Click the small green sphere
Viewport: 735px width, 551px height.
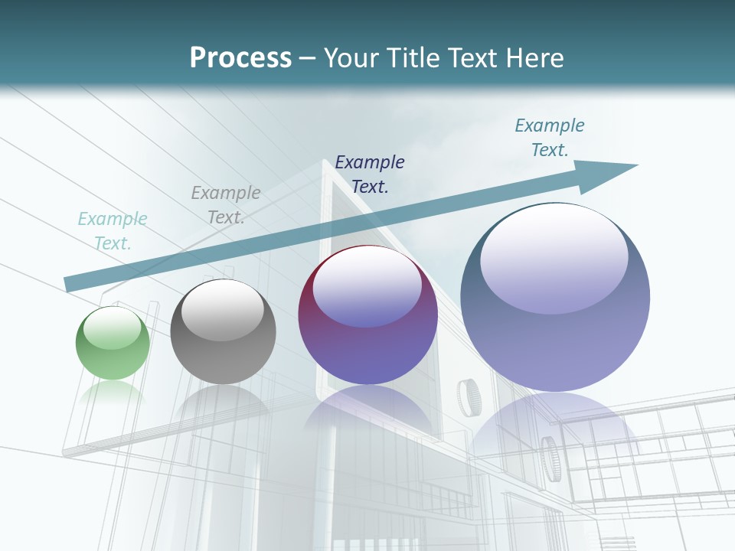click(113, 344)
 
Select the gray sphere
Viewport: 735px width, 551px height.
click(223, 332)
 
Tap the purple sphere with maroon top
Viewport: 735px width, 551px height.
click(367, 315)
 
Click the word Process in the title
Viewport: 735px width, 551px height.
click(240, 57)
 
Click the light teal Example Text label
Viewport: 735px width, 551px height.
click(113, 231)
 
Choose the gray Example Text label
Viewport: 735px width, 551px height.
click(226, 205)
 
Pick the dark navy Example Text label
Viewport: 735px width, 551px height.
click(370, 174)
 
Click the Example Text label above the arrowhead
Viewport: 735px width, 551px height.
click(550, 138)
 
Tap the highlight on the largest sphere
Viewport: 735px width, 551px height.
click(554, 256)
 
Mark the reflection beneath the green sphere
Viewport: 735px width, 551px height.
click(113, 391)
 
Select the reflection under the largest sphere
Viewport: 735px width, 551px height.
click(555, 429)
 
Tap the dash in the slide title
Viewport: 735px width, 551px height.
click(308, 58)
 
